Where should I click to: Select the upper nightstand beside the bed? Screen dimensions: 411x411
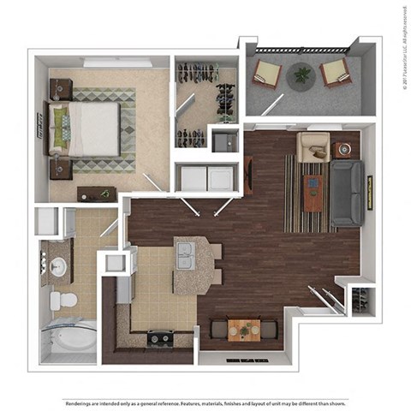[60, 87]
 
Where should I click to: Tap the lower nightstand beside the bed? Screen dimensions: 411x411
[60, 169]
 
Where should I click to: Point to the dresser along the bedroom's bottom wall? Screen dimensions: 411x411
[95, 194]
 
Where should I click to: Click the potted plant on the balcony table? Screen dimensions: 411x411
[301, 75]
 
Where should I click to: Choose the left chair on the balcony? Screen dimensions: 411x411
[266, 74]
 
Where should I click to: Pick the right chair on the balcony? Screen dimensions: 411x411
[335, 74]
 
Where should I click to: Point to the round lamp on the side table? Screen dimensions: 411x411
[345, 148]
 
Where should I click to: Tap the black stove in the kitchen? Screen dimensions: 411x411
[158, 337]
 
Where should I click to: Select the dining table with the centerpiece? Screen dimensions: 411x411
[244, 327]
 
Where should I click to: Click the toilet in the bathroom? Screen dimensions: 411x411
[62, 300]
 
